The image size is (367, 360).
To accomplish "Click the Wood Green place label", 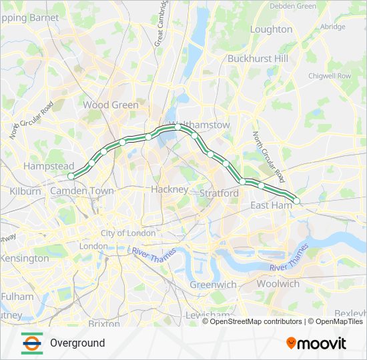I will [111, 105].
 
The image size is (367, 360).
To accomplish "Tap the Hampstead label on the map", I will [49, 165].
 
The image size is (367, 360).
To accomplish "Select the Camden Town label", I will [82, 191].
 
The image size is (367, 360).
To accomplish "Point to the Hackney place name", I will [169, 189].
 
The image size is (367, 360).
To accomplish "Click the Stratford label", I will [219, 193].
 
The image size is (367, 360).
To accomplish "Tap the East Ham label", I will [270, 205].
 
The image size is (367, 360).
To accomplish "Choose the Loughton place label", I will [271, 29].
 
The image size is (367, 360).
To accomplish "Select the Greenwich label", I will [214, 285].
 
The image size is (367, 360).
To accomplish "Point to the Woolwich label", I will [278, 283].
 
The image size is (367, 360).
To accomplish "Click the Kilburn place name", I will [25, 191].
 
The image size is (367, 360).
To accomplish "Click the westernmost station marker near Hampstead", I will [71, 176].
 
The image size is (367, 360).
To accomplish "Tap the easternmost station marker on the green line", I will [297, 201].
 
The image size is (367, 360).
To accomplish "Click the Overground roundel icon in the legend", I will [31, 343].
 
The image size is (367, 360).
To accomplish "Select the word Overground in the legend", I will [77, 343].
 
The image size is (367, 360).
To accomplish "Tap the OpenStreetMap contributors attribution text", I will [256, 321].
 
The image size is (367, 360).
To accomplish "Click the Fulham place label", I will [17, 296].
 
